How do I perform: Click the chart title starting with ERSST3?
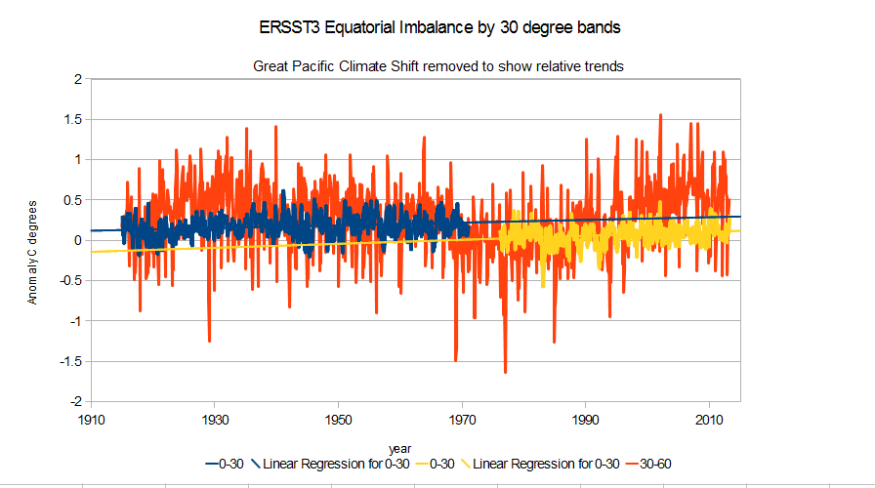tap(437, 28)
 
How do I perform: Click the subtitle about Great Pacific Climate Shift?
tap(437, 66)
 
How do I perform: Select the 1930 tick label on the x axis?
tap(215, 418)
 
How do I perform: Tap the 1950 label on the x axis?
tap(338, 418)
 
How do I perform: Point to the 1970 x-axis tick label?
tap(462, 418)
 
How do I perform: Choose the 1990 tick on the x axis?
tap(585, 418)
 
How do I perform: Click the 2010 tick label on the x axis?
tap(708, 418)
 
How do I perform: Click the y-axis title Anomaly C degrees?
tap(32, 253)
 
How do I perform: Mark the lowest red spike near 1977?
tap(505, 372)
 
